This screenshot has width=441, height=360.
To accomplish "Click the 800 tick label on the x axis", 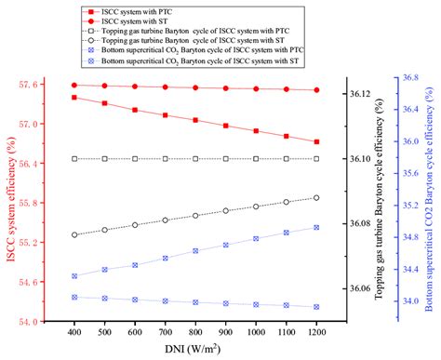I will click(x=195, y=331).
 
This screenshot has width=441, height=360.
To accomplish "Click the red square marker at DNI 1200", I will click(x=316, y=141).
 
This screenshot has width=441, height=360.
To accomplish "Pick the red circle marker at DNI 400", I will click(x=73, y=85).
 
